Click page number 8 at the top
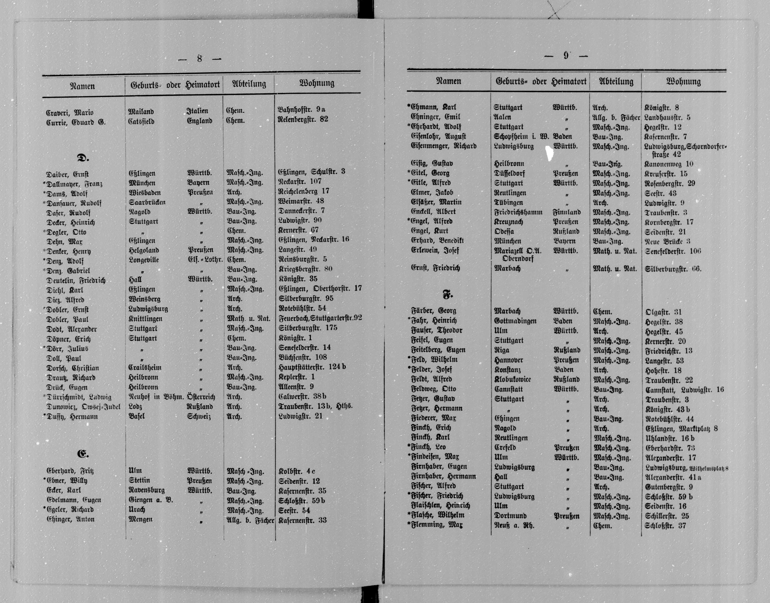coord(199,59)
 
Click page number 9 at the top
coord(566,55)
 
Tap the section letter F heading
coord(447,294)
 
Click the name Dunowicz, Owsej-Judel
coord(83,407)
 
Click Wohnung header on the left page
coord(317,83)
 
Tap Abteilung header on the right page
coord(616,81)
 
